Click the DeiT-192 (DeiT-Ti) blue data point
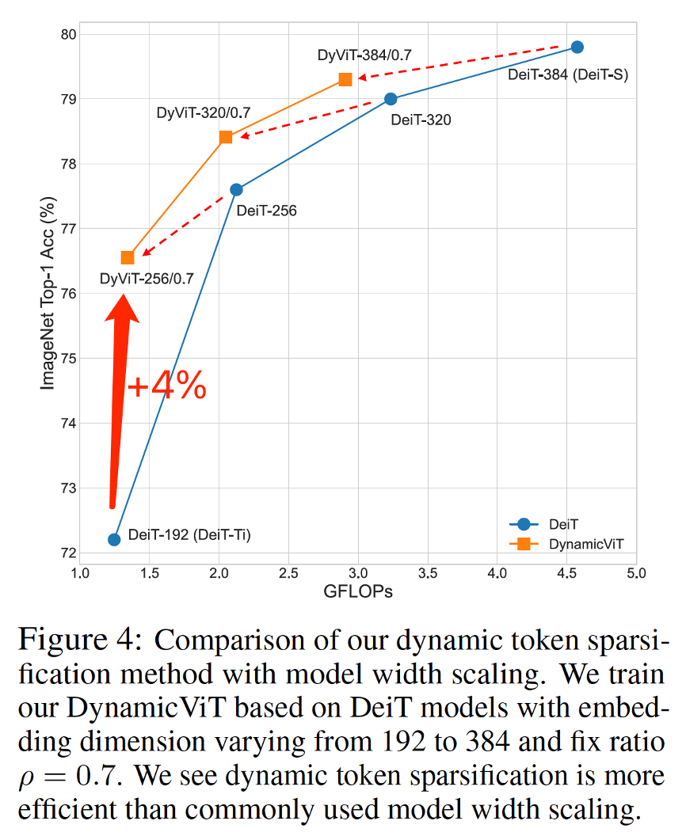pos(114,539)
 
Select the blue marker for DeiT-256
pos(236,189)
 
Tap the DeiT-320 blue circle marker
pos(391,99)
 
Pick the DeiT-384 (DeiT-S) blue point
pos(577,47)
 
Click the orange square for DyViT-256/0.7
pos(128,257)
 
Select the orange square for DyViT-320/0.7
pos(226,137)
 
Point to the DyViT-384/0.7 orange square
pos(345,79)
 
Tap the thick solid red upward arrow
pos(119,396)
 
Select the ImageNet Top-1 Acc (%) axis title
pos(48,293)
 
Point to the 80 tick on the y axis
pos(69,34)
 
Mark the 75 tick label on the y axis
pos(69,358)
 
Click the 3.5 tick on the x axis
pos(428,573)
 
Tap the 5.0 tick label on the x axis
pos(636,573)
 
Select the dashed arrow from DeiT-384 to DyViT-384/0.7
pos(459,63)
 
